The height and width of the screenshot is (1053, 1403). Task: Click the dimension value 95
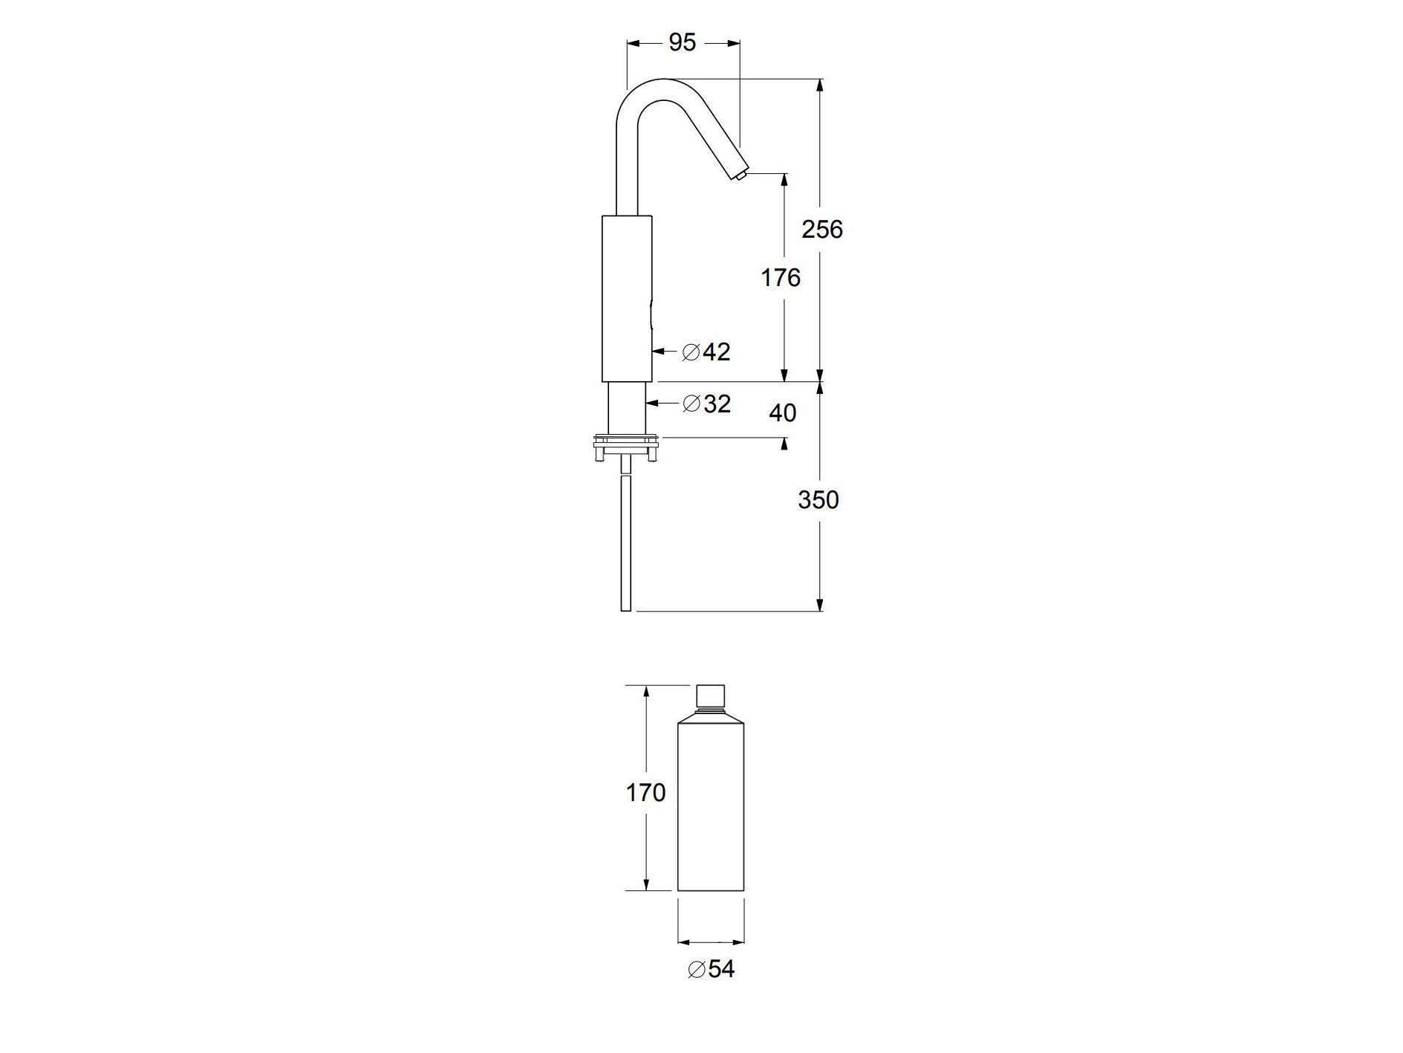tap(682, 43)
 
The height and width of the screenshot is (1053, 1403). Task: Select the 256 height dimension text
tap(821, 229)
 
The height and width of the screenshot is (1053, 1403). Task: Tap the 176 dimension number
tap(780, 278)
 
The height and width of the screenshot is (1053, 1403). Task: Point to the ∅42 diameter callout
tap(706, 351)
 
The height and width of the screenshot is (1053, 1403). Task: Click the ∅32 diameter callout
tap(706, 404)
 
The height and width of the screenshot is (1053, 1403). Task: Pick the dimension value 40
tap(781, 412)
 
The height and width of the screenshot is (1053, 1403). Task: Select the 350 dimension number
tap(818, 500)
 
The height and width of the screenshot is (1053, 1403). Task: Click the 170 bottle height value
tap(645, 793)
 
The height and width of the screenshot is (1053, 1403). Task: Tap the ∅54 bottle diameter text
tap(711, 969)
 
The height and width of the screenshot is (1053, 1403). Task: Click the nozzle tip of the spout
tap(740, 176)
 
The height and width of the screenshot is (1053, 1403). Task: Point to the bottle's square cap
tap(711, 696)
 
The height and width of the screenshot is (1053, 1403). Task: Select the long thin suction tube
tap(626, 542)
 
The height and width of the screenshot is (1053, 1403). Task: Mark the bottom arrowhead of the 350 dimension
tap(820, 605)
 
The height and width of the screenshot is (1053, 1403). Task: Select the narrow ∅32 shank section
tap(626, 409)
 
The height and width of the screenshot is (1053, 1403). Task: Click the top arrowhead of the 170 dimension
tap(646, 692)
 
